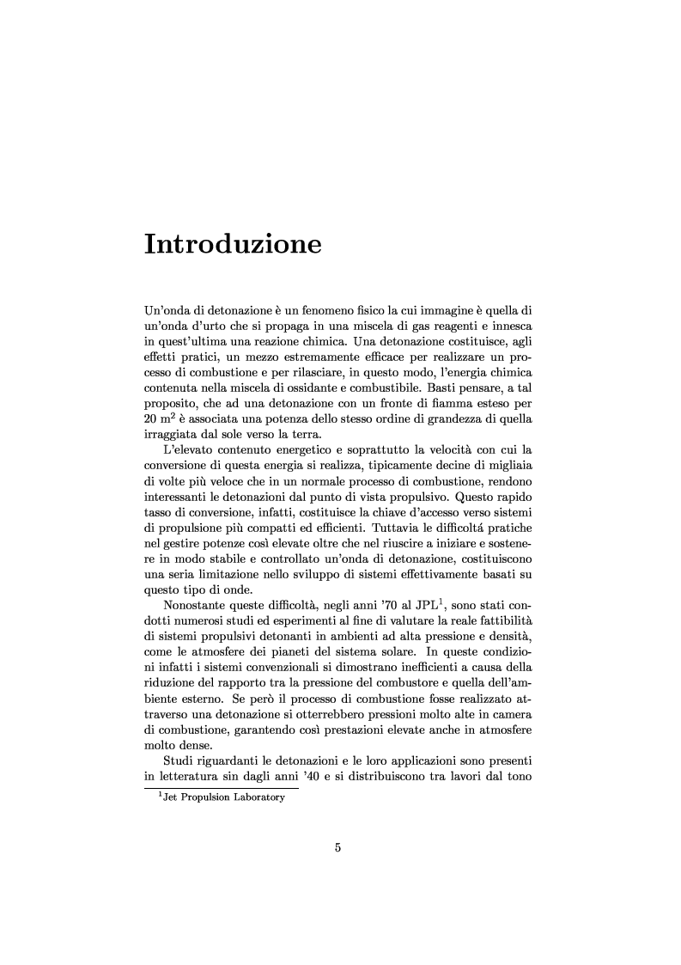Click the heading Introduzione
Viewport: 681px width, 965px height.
[233, 244]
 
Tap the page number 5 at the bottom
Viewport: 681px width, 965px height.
[338, 848]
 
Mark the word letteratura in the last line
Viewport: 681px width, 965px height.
[194, 780]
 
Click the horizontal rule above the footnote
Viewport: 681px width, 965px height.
[221, 789]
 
